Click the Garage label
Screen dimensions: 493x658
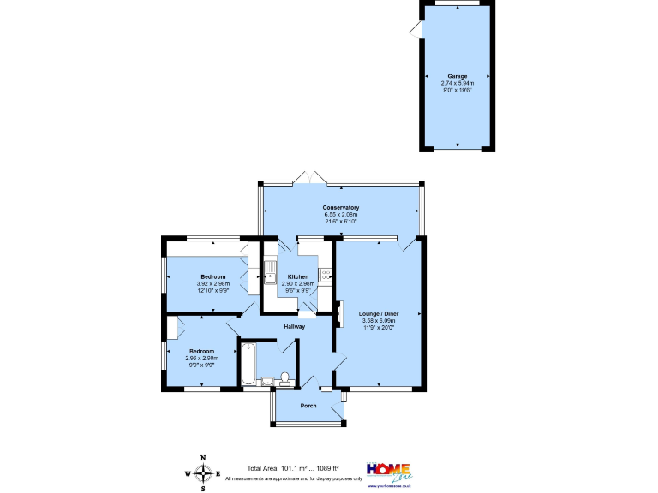457,76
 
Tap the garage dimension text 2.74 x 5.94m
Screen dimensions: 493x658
457,83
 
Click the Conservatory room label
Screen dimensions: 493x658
340,208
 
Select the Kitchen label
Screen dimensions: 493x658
297,276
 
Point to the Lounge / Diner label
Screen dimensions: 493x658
378,313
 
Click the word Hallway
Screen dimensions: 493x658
294,326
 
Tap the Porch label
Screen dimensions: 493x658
308,405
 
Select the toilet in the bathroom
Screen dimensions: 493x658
284,378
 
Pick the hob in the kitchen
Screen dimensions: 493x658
326,274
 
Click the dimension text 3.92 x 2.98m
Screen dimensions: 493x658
213,284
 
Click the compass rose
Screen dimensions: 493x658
203,473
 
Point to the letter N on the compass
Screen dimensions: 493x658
203,458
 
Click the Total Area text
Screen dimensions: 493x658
293,468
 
